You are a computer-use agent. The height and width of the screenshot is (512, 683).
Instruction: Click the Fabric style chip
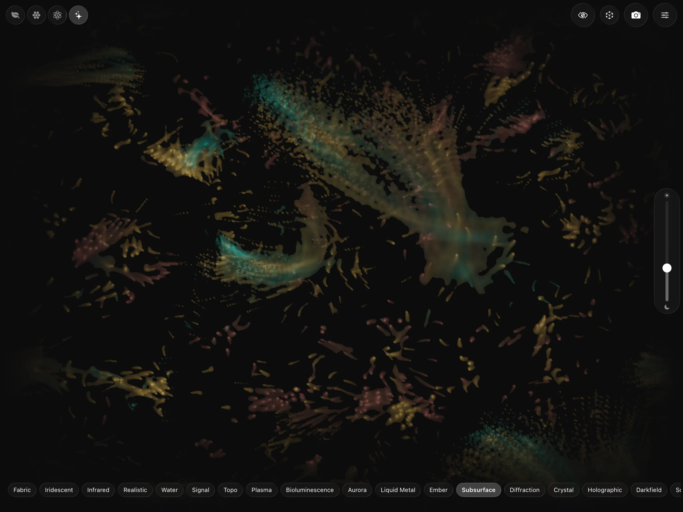22,490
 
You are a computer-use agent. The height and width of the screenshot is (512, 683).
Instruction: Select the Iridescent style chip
59,490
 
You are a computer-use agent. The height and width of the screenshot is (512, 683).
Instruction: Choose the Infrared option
98,490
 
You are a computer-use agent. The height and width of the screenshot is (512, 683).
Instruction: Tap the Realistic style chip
135,490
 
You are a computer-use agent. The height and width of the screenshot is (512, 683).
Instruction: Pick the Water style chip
169,490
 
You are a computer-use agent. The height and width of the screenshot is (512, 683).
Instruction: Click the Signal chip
201,490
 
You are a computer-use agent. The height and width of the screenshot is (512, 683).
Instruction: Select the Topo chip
230,490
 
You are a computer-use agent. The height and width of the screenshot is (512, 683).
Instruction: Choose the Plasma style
261,490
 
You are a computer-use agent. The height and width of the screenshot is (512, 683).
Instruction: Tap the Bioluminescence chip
310,490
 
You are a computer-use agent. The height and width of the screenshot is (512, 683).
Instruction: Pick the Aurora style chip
357,490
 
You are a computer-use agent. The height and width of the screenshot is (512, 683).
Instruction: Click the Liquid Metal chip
398,490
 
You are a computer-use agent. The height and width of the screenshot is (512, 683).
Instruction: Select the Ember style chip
438,490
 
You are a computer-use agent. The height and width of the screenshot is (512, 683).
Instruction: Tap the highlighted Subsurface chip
478,490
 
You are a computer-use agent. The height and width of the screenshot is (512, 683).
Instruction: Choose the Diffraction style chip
524,490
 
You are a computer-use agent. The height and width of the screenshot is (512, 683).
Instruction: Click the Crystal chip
563,490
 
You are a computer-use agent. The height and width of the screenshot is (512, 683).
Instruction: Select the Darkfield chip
649,490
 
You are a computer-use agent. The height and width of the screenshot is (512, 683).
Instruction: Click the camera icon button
636,15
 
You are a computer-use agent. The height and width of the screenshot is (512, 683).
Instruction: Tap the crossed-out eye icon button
583,15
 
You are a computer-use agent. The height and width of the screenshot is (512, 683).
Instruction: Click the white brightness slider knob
667,268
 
